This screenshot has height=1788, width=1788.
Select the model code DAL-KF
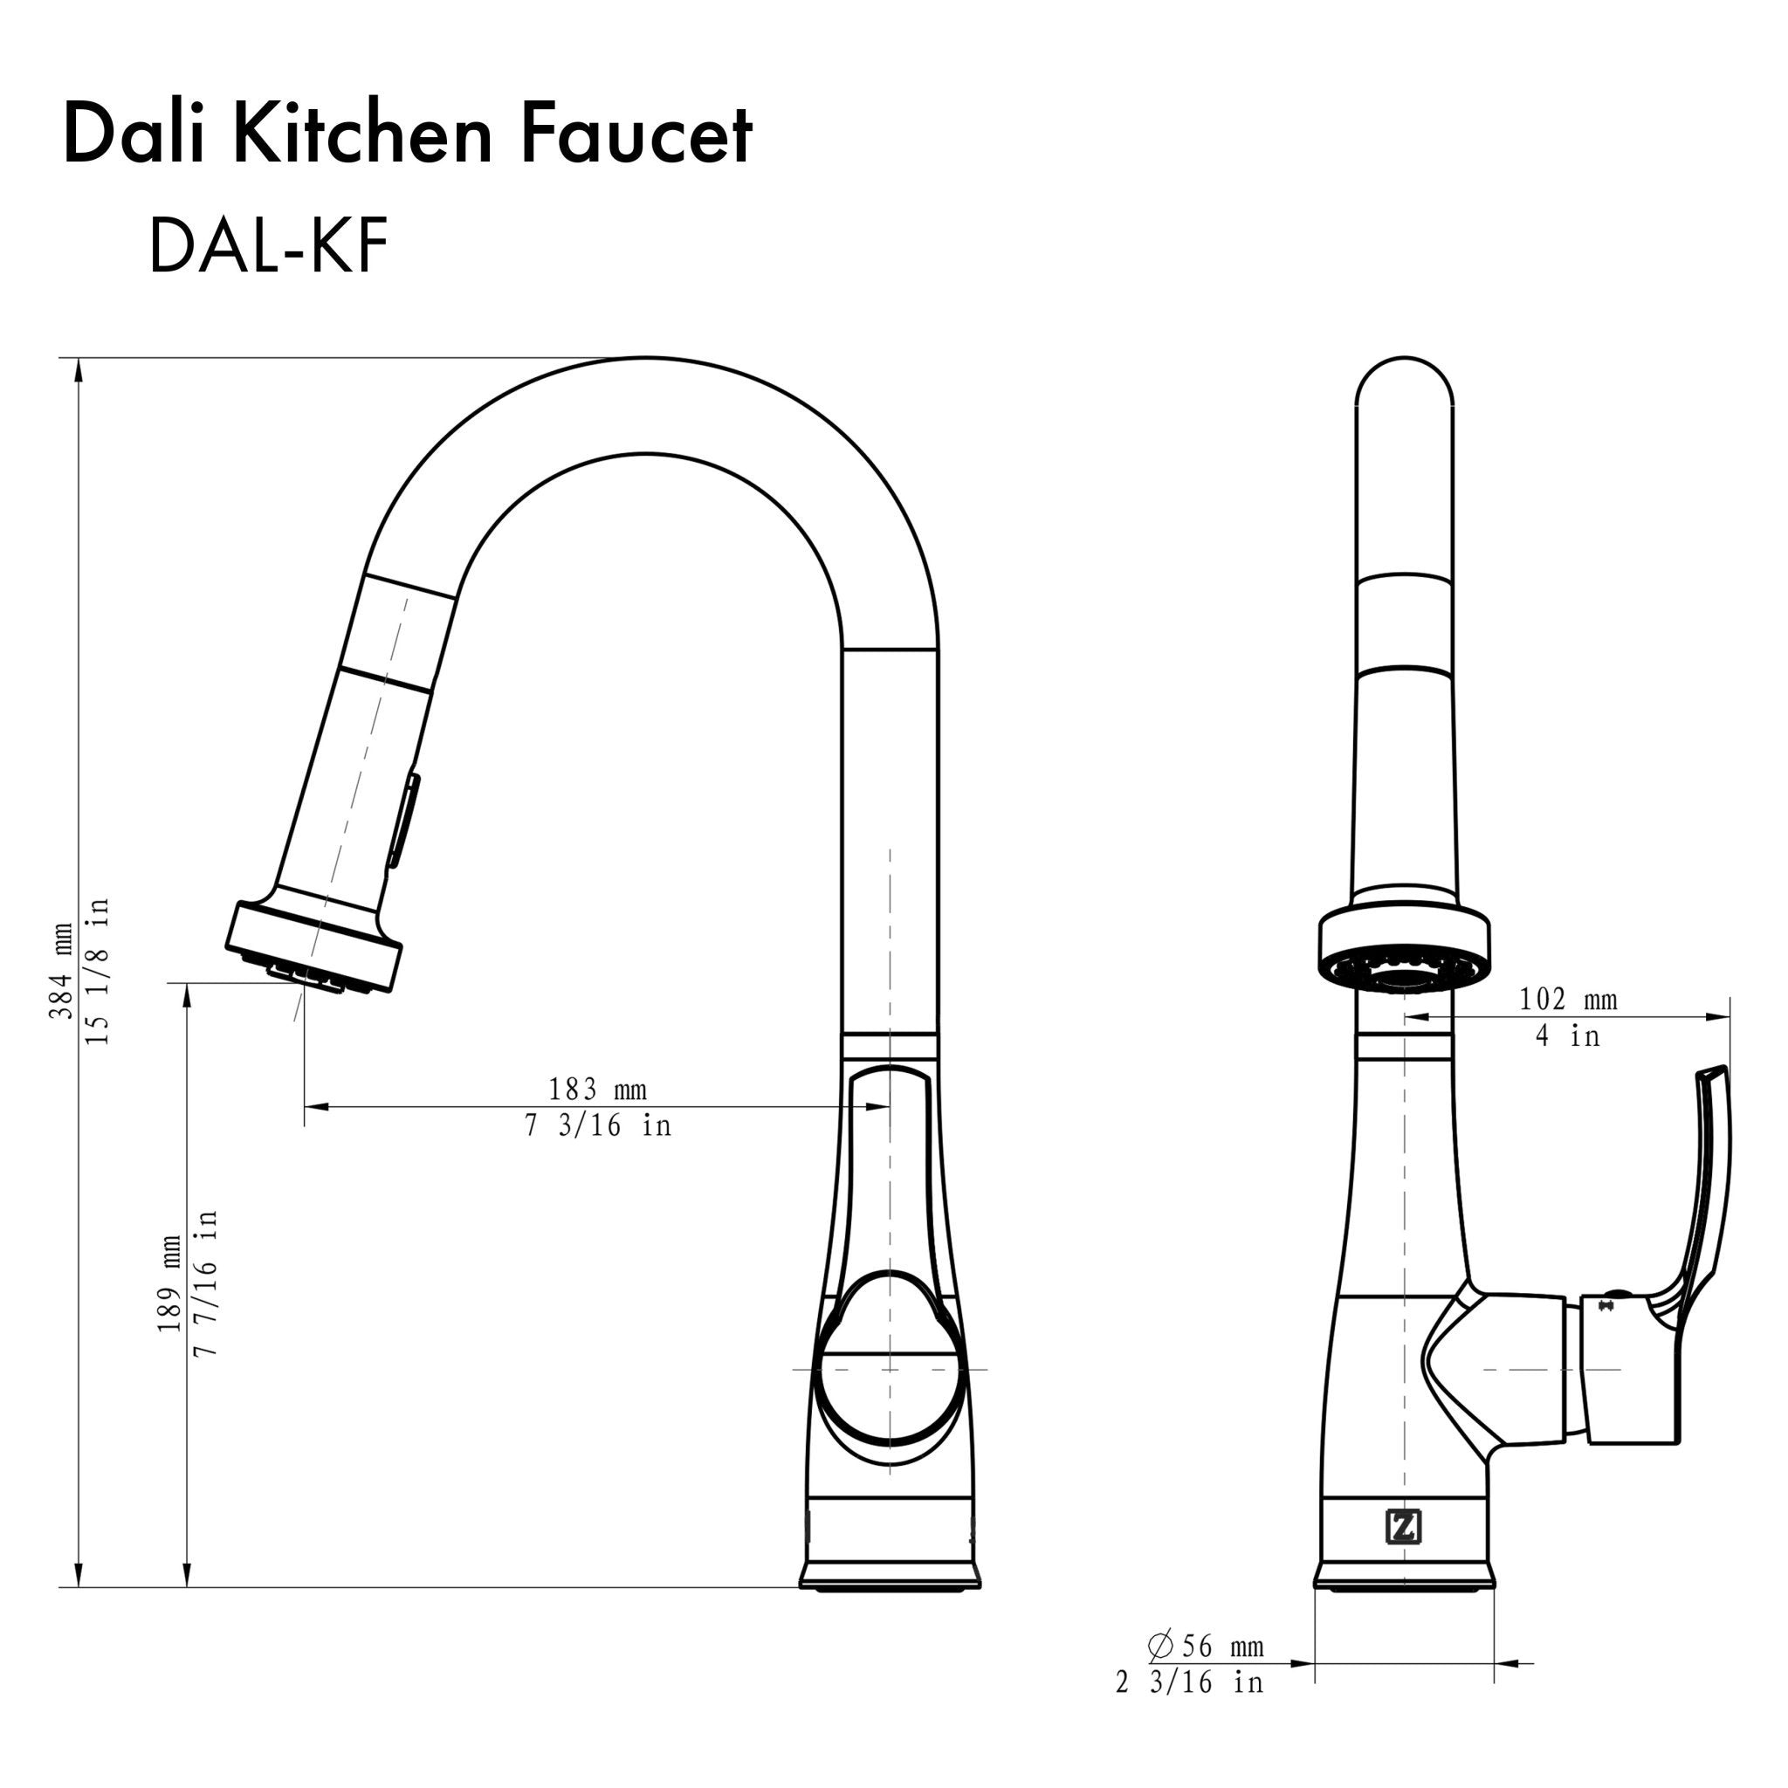[267, 247]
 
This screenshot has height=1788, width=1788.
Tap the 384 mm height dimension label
[62, 971]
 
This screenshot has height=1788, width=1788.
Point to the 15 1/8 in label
[98, 971]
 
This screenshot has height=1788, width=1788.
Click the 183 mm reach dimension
[597, 1090]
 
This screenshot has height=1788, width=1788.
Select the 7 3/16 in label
[597, 1126]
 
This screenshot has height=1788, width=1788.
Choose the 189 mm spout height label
[169, 1283]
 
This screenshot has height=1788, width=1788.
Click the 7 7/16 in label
[205, 1283]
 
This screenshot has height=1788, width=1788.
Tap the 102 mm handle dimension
[1569, 1000]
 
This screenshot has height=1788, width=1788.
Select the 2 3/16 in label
[1189, 1682]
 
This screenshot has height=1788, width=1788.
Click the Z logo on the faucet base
[1403, 1527]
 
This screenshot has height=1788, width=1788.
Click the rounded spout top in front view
[1404, 389]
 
